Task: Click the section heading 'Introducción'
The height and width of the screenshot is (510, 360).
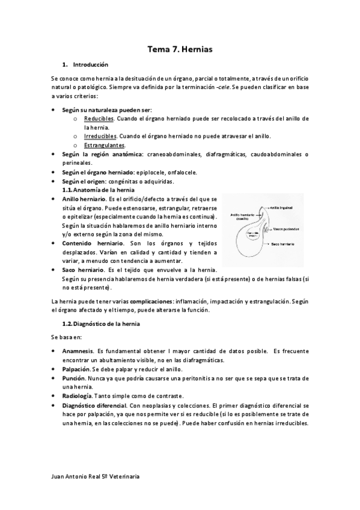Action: click(90, 64)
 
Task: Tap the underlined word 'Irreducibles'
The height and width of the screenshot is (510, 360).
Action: click(100, 137)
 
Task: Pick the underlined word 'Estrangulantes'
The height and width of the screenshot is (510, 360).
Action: click(105, 146)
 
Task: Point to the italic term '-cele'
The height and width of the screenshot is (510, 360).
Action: click(223, 87)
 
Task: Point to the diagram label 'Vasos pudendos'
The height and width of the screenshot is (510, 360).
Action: click(284, 229)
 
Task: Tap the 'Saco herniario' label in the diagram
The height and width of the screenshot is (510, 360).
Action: click(284, 245)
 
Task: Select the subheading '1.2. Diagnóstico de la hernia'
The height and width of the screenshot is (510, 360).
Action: click(105, 325)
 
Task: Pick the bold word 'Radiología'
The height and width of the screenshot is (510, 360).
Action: click(77, 396)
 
